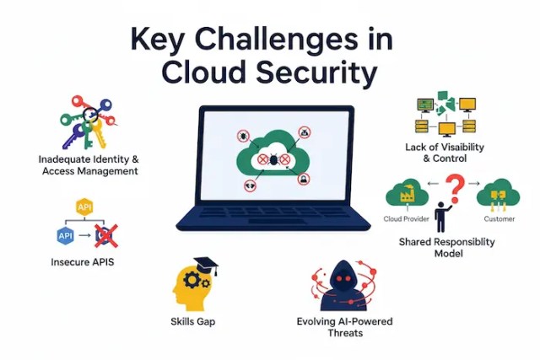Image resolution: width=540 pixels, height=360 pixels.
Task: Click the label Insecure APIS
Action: coord(82,262)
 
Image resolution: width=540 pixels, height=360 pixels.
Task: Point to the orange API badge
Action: coord(84,207)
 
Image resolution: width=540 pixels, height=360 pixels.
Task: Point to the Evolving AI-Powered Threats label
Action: coord(344,327)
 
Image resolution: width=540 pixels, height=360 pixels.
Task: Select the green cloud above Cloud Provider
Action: coord(404,196)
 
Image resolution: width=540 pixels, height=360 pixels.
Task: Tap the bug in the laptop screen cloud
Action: coord(274,158)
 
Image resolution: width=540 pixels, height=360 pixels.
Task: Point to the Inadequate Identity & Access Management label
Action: coord(89,164)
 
